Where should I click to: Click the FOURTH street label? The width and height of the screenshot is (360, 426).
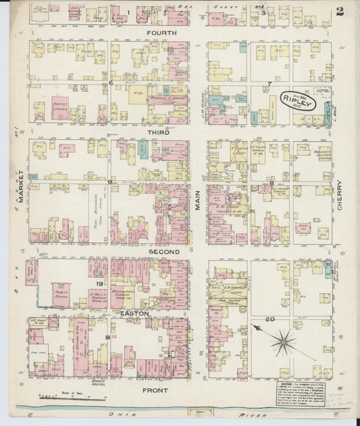pyautogui.click(x=161, y=33)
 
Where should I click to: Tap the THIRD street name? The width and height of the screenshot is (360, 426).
pyautogui.click(x=158, y=134)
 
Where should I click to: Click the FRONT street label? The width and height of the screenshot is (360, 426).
pyautogui.click(x=156, y=390)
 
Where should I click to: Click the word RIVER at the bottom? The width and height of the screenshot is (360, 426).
pyautogui.click(x=264, y=412)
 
